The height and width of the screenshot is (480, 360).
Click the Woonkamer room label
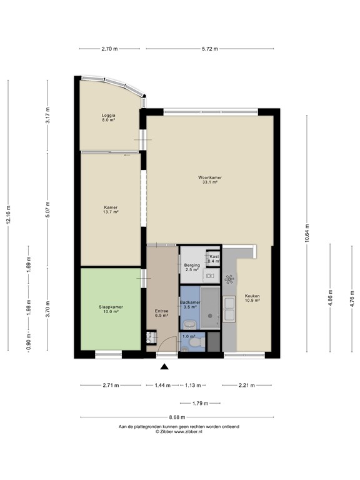(210, 180)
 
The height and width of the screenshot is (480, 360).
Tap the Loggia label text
(109, 117)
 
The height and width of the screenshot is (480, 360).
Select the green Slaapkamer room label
(110, 309)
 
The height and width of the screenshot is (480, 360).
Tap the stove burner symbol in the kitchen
(230, 279)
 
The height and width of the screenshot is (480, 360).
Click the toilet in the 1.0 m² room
(196, 342)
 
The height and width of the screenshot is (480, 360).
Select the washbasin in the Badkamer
(188, 324)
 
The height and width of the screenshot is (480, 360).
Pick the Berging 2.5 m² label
(191, 267)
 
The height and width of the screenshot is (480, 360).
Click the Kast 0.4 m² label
(214, 258)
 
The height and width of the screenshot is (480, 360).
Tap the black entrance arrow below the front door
(164, 367)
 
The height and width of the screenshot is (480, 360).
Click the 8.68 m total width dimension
(179, 418)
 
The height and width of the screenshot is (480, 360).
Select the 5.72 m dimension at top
(209, 49)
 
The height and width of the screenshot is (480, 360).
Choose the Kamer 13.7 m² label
(110, 210)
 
